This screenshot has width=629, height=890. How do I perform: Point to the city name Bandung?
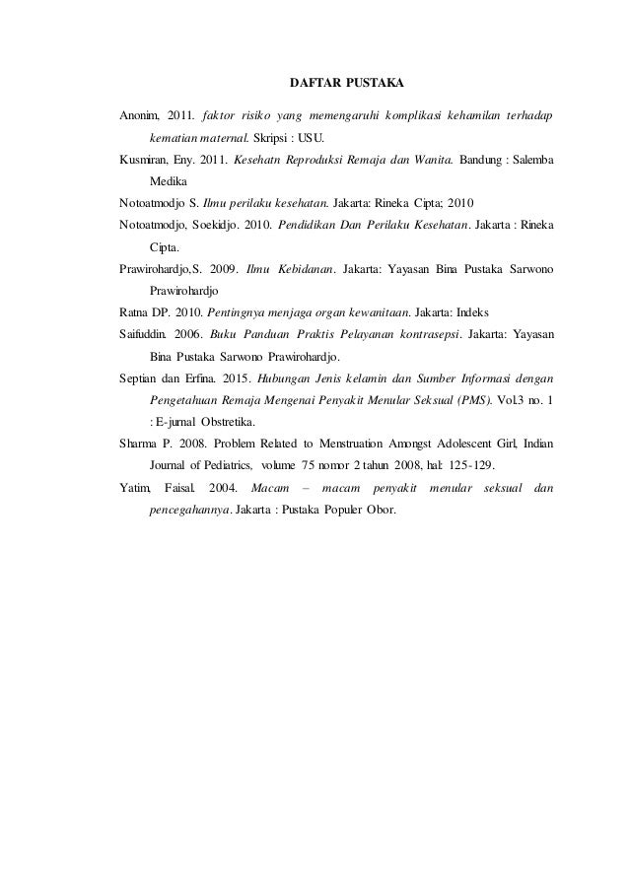[x=484, y=160]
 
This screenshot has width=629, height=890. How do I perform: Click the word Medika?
[x=169, y=182]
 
